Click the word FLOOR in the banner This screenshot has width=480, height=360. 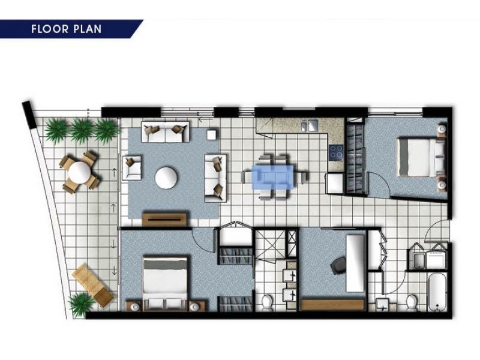point(50,29)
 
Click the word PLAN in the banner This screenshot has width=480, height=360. point(88,29)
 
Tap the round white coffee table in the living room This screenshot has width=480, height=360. point(166,178)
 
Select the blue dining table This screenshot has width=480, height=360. point(272,177)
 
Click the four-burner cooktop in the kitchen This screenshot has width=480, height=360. point(337,152)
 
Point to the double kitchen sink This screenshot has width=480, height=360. point(310,125)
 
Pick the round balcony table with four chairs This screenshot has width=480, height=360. point(80,172)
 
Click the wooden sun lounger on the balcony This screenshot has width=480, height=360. point(93,285)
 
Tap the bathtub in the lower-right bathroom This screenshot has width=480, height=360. point(437,292)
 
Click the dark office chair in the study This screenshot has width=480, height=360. point(338,265)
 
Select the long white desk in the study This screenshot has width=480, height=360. point(355,263)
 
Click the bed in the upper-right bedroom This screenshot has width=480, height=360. point(421,157)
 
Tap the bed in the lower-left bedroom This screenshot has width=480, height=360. point(166,283)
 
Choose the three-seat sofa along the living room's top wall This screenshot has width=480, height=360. point(166,132)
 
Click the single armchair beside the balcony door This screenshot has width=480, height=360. point(132,168)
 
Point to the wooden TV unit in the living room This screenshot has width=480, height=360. point(164,219)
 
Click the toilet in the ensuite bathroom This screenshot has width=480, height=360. point(267,301)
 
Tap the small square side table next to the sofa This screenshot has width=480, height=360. point(212,134)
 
